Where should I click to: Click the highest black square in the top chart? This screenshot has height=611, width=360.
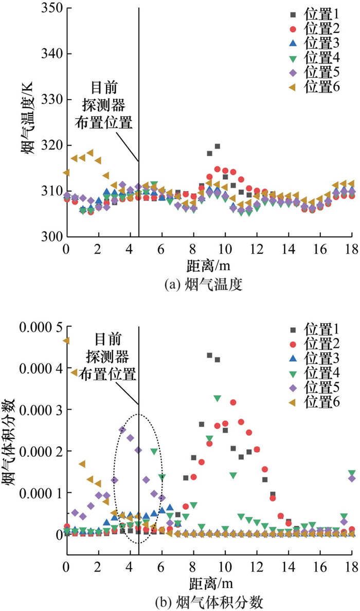218,146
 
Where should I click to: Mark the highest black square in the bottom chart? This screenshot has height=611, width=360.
209,355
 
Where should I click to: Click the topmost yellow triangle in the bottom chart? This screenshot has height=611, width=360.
66,340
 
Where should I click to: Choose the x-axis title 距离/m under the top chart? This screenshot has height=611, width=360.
209,266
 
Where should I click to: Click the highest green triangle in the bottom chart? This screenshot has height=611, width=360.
218,398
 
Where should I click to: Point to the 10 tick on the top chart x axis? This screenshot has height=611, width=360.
225,248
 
